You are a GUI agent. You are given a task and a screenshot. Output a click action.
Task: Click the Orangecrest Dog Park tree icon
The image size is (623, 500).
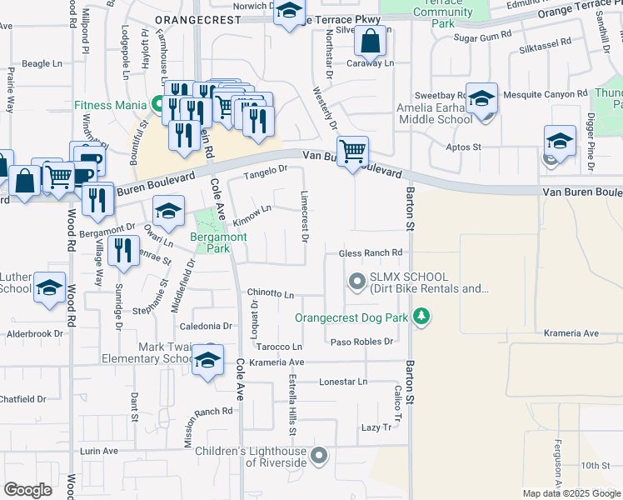pos(422,317)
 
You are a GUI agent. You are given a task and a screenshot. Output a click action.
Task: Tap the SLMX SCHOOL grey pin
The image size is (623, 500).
pos(357,282)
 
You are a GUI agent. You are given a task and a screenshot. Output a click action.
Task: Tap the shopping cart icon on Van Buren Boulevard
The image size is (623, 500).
pos(353,152)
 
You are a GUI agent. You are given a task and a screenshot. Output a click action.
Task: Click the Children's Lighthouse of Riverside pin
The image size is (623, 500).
pos(319,456)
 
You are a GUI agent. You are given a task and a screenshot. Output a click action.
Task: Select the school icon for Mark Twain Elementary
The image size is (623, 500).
pos(207,361)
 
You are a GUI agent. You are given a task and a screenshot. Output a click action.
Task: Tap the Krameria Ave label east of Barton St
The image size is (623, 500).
pos(571,333)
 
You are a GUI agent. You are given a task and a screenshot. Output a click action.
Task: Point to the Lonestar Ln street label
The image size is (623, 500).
pos(343,382)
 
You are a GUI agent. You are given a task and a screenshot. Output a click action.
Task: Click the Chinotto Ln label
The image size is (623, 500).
pos(271,294)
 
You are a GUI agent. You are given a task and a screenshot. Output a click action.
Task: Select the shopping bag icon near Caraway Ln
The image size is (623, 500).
pos(371,39)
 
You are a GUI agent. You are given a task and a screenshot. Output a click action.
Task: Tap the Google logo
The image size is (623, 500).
pos(27,490)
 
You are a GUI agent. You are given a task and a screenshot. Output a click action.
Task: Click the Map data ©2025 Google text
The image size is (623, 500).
pos(571,493)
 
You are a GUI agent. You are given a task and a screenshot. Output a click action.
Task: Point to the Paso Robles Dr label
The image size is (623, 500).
pos(361,342)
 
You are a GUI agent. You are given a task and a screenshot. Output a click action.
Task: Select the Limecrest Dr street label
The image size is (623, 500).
pos(304,215)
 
